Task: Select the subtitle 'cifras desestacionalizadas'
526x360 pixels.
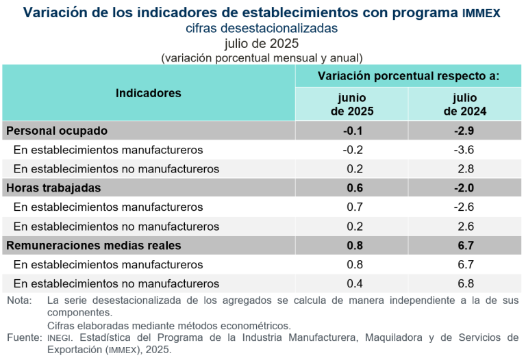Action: coord(262,29)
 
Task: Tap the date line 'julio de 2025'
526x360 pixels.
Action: coord(262,44)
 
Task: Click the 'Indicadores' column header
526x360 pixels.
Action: coord(149,93)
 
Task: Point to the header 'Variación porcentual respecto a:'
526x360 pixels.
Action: coord(408,75)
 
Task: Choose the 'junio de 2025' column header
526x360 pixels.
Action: coord(352,104)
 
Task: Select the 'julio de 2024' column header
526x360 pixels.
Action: coord(465,104)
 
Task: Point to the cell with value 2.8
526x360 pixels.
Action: coord(466,168)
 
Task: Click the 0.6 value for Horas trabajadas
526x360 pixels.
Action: coord(352,188)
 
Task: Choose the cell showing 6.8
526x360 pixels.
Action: coord(466,283)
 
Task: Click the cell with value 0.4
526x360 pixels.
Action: coord(352,283)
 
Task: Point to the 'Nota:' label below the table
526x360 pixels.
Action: coord(19,300)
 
